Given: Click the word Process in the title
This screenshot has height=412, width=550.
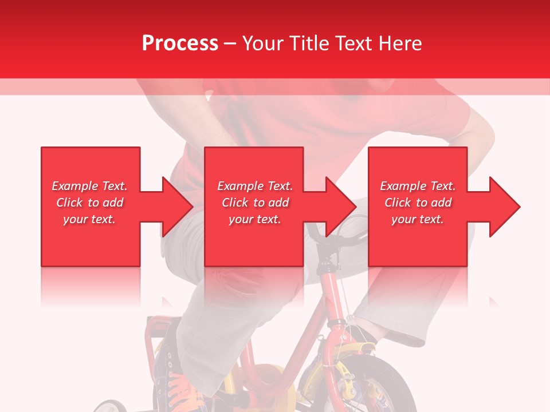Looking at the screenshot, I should pyautogui.click(x=180, y=43).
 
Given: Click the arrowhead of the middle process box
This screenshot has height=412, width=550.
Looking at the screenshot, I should pyautogui.click(x=340, y=207).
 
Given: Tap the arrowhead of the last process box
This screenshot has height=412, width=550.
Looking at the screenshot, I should pyautogui.click(x=504, y=207).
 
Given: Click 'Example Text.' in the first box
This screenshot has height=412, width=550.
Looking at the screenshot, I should pyautogui.click(x=89, y=186).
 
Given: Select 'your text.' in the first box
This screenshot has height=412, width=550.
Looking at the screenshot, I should pyautogui.click(x=89, y=219).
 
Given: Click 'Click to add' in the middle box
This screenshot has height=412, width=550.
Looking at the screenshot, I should pyautogui.click(x=255, y=203).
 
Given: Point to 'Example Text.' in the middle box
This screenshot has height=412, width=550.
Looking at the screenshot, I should pyautogui.click(x=255, y=186).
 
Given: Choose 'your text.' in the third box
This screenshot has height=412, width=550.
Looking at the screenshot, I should pyautogui.click(x=418, y=219).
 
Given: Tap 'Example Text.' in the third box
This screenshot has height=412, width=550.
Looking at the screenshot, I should pyautogui.click(x=418, y=186).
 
